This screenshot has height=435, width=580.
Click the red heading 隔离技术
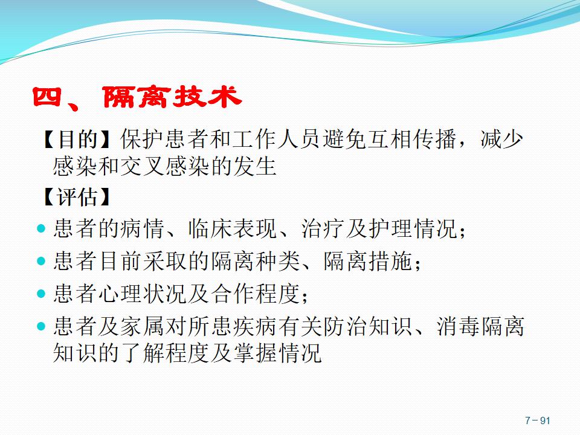[172, 98]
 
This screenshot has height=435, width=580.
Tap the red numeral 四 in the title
[47, 97]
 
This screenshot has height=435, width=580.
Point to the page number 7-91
[538, 420]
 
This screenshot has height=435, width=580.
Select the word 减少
[501, 139]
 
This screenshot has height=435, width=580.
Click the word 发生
[255, 166]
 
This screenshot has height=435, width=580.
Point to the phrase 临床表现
[232, 228]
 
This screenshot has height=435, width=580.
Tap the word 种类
[277, 261]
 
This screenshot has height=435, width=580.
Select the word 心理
[120, 294]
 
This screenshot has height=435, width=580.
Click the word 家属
[143, 327]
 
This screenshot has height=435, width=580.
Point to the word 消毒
[458, 327]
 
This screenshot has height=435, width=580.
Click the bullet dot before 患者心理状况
[41, 294]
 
